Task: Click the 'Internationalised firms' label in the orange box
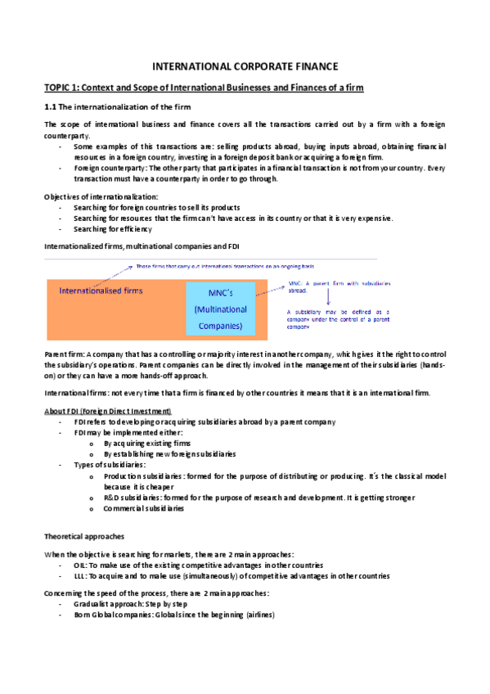tap(101, 291)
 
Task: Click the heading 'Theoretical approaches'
tap(83, 537)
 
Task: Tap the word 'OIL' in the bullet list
tap(80, 566)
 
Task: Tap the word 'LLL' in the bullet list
tap(79, 576)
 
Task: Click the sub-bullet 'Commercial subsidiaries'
tap(143, 508)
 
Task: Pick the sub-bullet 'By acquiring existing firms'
tap(146, 443)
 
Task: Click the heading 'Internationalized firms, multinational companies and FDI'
tap(142, 246)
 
